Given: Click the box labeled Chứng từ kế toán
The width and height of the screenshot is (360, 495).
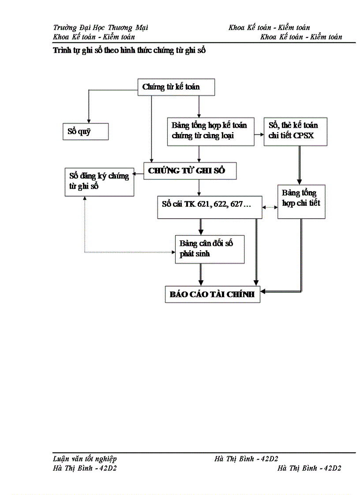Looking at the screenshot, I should (x=176, y=87).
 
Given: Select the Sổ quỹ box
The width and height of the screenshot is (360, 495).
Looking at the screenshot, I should (x=85, y=131).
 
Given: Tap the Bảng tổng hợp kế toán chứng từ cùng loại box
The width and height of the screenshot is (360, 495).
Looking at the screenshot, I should (x=210, y=131).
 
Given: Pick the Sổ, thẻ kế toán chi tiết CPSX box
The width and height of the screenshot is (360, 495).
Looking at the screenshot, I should (x=296, y=131).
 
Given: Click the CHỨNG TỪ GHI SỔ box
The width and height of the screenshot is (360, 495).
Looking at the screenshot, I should (x=190, y=171).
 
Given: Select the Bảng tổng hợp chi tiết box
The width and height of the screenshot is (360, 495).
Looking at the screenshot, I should (x=301, y=201).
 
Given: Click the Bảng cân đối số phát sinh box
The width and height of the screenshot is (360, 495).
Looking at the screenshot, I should (x=210, y=249).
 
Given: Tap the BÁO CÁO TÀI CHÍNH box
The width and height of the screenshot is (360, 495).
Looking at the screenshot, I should (x=212, y=295).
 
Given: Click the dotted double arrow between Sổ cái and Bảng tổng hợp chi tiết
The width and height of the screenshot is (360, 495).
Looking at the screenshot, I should (x=270, y=207).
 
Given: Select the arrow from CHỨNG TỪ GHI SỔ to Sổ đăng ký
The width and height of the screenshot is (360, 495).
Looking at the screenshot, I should (x=139, y=175).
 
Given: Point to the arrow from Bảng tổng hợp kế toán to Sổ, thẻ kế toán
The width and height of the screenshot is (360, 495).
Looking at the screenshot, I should (x=259, y=131).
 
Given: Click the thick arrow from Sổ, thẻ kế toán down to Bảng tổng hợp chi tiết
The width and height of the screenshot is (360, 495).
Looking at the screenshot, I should (x=300, y=164).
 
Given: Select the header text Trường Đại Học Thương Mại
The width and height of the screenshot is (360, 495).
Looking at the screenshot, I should (x=100, y=28).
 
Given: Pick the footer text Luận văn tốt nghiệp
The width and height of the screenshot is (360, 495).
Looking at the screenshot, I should (x=85, y=459).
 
